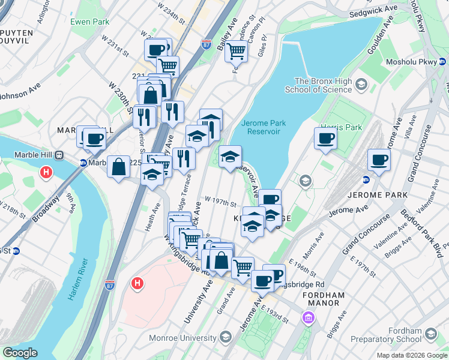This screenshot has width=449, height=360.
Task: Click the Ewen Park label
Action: pos(89,22)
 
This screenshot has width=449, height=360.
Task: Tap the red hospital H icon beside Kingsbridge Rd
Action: pos(137,283)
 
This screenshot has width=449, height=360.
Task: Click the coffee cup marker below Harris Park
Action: pos(325,138)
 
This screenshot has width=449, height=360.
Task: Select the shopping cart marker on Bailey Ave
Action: pos(237,52)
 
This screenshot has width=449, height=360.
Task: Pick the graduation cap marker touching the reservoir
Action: pos(230,157)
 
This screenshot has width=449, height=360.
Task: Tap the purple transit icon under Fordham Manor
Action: pos(309,317)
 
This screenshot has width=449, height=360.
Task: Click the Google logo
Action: pos(20,353)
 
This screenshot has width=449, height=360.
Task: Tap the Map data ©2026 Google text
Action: pos(411,355)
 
